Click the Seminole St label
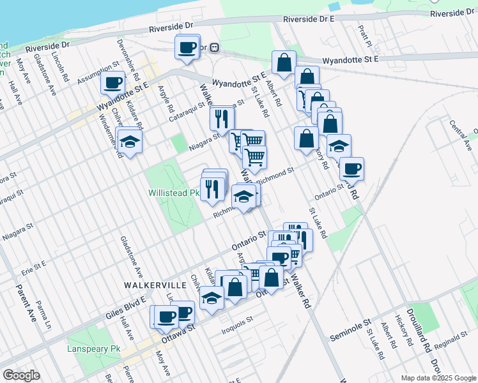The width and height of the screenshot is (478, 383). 351,329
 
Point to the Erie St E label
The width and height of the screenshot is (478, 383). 33,264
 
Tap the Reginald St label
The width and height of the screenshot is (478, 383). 454,349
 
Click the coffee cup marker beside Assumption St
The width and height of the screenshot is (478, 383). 113,83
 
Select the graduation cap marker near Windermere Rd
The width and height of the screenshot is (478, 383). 130,143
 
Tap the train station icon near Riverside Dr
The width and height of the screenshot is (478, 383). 215,47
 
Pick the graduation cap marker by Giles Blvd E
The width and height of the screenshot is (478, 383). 212,298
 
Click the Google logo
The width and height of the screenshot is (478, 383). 21,375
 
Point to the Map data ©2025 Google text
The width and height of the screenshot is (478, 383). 438,378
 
